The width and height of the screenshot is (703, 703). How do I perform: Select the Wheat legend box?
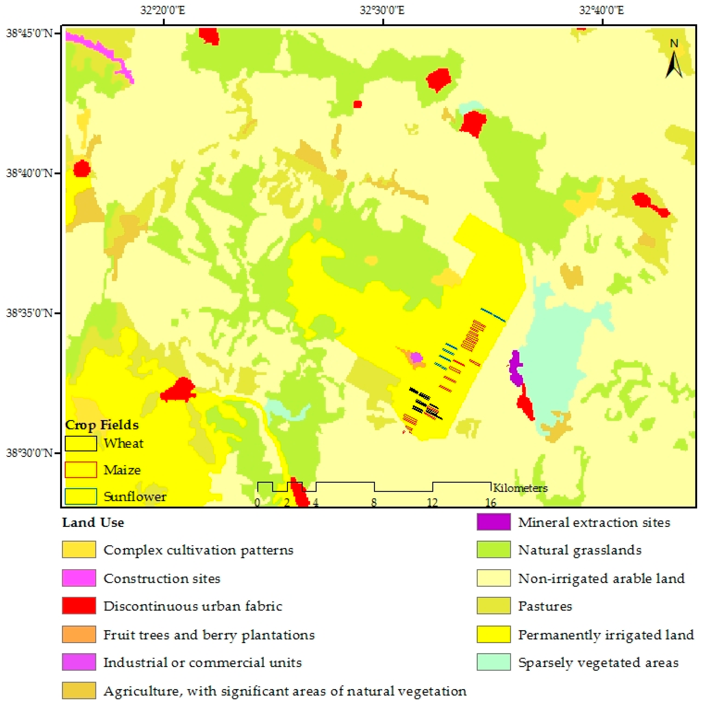(81, 443)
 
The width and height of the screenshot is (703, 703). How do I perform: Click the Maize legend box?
(81, 470)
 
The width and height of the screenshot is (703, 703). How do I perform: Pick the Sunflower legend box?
(81, 496)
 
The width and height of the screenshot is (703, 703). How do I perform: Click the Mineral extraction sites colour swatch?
(494, 522)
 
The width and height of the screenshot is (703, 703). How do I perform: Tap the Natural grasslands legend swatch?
(494, 550)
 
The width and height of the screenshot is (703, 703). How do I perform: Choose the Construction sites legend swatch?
(79, 578)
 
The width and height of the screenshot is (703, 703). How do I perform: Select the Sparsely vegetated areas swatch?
(494, 662)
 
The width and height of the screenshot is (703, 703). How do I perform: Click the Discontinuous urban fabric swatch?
(79, 606)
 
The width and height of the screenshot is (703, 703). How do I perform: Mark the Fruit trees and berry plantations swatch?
(79, 634)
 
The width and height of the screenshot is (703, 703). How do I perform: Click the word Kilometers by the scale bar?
(520, 488)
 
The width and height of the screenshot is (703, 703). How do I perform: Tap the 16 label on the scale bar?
(491, 502)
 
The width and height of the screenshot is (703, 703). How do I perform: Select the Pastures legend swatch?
(494, 606)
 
